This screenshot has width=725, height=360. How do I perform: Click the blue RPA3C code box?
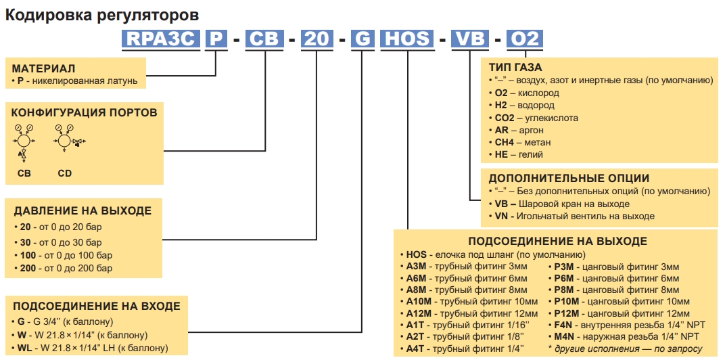click(x=161, y=39)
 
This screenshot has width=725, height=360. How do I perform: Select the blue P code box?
click(x=215, y=39)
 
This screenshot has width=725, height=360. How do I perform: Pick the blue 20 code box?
click(x=317, y=39)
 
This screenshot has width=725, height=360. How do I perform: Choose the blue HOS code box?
click(x=408, y=39)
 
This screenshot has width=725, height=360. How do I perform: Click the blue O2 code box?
click(x=525, y=39)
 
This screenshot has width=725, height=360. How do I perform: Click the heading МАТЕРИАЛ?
click(x=43, y=69)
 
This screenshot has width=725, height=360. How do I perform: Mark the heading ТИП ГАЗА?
click(x=515, y=68)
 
